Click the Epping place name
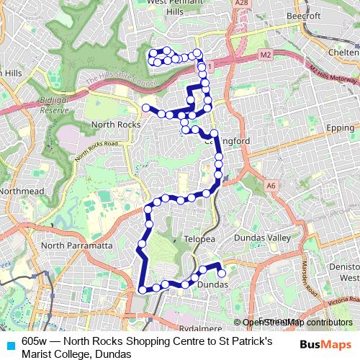341,127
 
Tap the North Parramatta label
76,246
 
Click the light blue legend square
10,345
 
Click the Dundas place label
212,284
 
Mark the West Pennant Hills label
174,6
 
